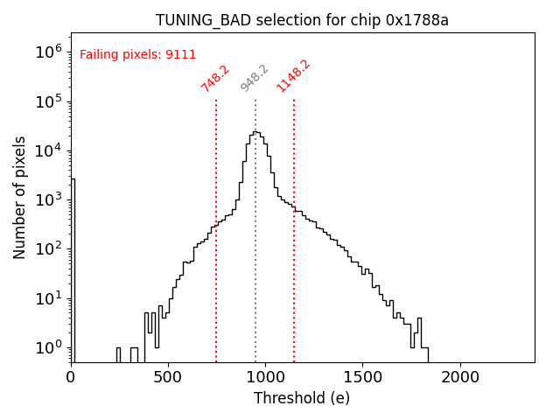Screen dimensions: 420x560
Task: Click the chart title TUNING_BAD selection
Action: click(302, 20)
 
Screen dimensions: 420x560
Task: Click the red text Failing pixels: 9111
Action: click(137, 55)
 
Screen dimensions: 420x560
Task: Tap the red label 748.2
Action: click(214, 78)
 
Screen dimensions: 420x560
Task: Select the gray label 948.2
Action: click(254, 78)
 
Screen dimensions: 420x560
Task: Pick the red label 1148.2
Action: click(293, 76)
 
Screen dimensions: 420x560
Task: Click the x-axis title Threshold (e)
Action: click(302, 398)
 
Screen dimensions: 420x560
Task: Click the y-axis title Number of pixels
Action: click(20, 198)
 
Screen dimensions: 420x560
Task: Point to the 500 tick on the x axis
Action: click(168, 377)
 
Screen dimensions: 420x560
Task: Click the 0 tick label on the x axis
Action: click(71, 377)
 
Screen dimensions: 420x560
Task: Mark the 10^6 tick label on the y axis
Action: click(50, 52)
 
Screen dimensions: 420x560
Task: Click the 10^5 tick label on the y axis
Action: click(50, 101)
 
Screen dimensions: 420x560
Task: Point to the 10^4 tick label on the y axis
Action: click(50, 150)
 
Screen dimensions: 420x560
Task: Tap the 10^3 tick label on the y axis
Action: click(50, 200)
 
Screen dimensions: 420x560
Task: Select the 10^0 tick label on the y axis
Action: click(50, 348)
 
